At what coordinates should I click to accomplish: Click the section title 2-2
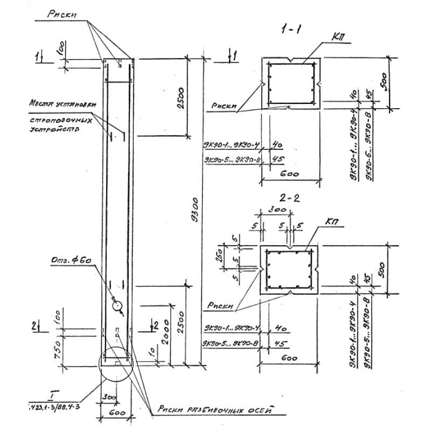point(290,198)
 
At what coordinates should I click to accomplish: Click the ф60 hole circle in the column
point(117,305)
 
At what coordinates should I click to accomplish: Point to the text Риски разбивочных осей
point(221,410)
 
